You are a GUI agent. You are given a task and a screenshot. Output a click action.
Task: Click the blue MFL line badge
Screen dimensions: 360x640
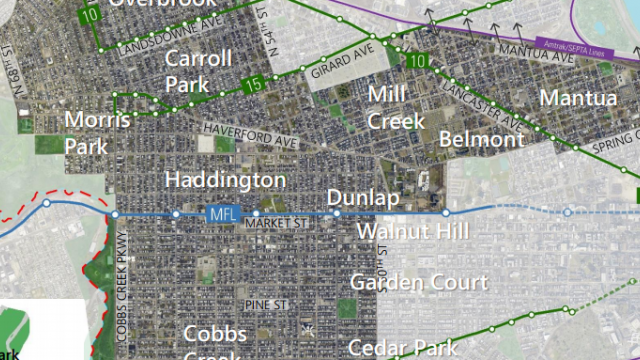(x=220, y=214)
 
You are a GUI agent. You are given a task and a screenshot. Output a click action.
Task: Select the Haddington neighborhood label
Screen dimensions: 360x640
(x=225, y=180)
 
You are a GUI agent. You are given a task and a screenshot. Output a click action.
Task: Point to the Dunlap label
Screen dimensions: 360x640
(x=363, y=198)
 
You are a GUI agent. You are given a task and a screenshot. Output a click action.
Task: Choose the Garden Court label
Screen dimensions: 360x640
(x=418, y=283)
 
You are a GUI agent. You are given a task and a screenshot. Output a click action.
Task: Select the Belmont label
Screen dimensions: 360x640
(x=481, y=139)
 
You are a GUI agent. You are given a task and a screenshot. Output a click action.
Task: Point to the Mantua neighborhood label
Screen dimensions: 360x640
(x=578, y=98)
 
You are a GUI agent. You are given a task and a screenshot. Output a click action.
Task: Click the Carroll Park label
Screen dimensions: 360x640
(x=198, y=71)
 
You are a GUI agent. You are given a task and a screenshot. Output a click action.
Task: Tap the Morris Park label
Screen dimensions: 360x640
(x=96, y=132)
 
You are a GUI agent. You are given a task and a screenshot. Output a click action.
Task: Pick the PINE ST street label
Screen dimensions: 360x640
(x=267, y=303)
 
